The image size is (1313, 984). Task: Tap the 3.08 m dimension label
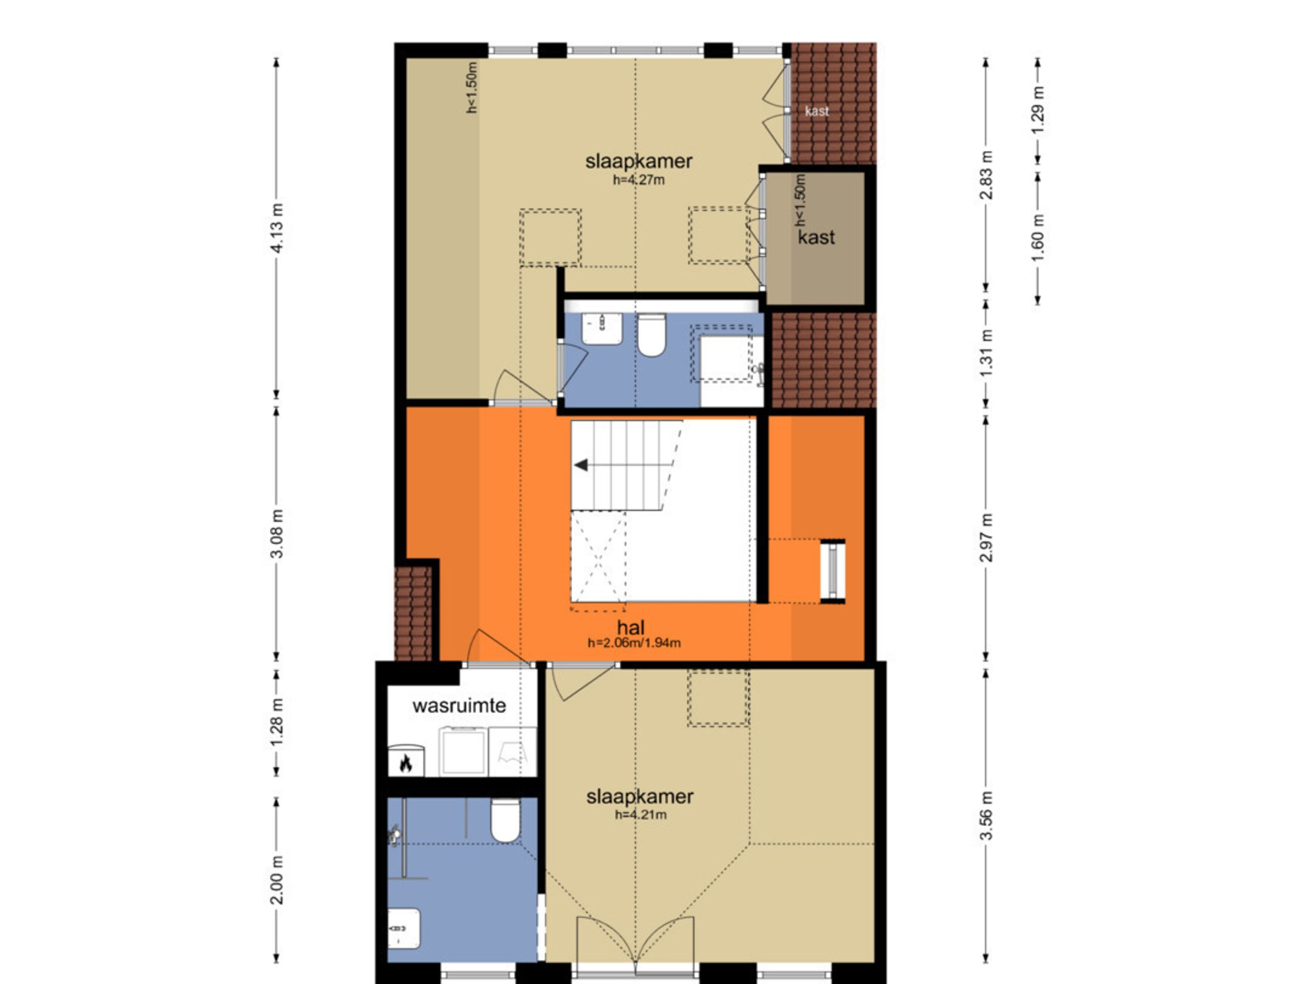tap(276, 534)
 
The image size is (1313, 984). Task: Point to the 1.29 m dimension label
tap(1038, 110)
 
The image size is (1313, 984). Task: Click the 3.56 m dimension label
tap(985, 815)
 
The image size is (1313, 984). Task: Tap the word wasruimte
tap(459, 706)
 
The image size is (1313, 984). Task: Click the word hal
tap(630, 627)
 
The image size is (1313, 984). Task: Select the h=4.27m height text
tap(639, 180)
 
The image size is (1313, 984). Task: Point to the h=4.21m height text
tap(641, 814)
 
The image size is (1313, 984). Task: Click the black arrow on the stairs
tap(581, 465)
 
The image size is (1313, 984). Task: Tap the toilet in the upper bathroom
tap(651, 335)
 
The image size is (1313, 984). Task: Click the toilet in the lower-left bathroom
tap(505, 819)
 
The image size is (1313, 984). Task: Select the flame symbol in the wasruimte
tap(406, 763)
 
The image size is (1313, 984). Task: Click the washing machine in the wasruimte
tap(463, 751)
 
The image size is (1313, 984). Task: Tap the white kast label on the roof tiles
tap(817, 111)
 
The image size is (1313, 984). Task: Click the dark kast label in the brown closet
tap(816, 237)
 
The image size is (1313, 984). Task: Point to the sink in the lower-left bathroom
tap(404, 928)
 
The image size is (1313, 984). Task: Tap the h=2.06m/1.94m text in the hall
tap(634, 642)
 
